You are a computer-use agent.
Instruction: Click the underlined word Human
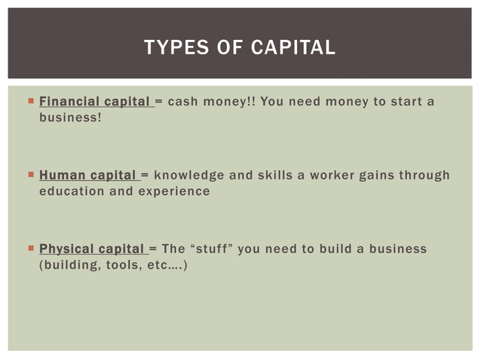pos(62,175)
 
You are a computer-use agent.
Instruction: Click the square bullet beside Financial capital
pos(29,100)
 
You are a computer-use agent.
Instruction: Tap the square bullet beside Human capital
pos(29,174)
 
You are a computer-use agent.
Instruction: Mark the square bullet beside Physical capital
pos(29,248)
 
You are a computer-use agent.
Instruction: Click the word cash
pos(182,101)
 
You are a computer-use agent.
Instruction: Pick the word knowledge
pos(189,175)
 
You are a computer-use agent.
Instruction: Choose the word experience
pos(174,191)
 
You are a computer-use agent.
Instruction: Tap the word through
pos(424,175)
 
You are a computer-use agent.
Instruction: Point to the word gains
pos(376,175)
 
